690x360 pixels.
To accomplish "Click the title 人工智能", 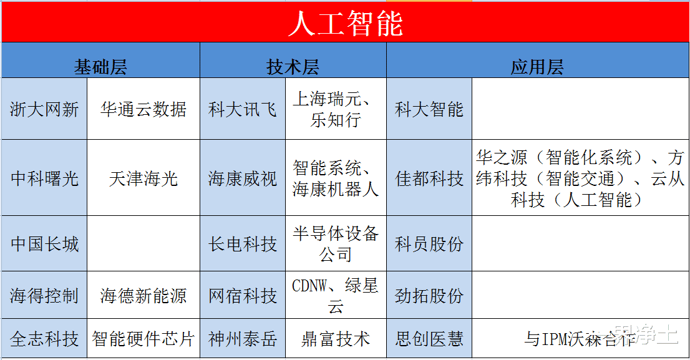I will [345, 24].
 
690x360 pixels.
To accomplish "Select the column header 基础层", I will [100, 67].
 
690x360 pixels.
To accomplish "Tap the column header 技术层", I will [293, 67].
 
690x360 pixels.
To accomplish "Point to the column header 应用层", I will [537, 67].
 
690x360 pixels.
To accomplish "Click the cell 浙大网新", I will [44, 110].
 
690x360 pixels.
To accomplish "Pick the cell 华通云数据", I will [143, 110].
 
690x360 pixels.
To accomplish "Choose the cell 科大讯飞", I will [243, 110].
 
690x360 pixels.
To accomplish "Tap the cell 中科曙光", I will [44, 178].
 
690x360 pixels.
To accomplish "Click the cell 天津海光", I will [143, 178].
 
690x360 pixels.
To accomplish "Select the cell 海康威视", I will [243, 178].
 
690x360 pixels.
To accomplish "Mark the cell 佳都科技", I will [429, 178].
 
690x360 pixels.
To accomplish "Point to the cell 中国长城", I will [44, 243].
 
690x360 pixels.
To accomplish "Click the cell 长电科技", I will [243, 243].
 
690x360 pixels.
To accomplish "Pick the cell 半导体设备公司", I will [336, 243].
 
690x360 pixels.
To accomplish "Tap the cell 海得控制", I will [44, 295].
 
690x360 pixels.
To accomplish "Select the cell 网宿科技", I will [243, 295].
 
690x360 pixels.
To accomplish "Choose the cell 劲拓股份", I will [429, 295].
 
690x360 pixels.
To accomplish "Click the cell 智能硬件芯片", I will [143, 339].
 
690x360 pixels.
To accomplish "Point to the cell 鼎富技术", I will [336, 339].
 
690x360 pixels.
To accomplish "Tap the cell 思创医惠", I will [429, 339].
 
